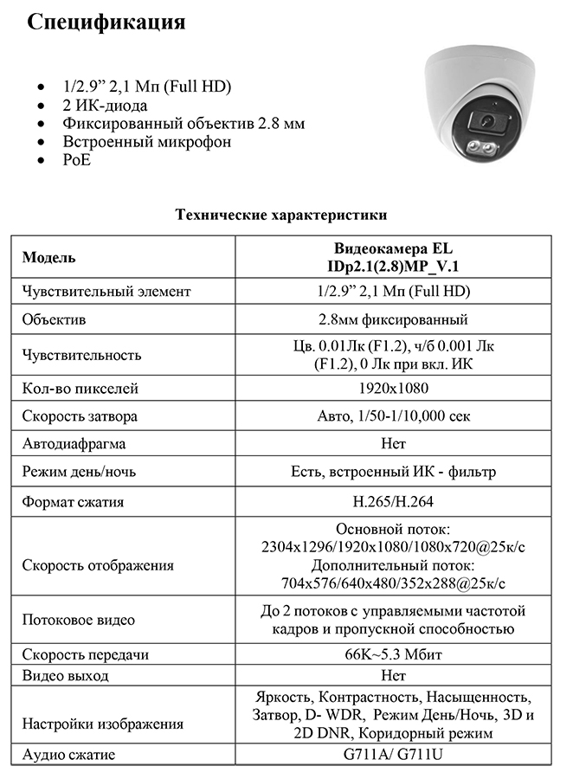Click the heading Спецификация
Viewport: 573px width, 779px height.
tap(106, 23)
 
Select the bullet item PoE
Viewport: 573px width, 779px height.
tap(76, 159)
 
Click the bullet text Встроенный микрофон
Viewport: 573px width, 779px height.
tap(146, 141)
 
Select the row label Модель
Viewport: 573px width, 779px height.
tap(48, 257)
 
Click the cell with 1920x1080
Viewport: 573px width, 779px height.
tap(393, 389)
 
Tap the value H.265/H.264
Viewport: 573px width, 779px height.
tap(393, 501)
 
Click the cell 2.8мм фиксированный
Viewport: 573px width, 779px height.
tap(393, 319)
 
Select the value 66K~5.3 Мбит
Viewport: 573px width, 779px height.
tap(393, 653)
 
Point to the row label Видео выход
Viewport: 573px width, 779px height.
tap(66, 675)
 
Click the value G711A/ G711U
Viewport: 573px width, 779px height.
tap(393, 754)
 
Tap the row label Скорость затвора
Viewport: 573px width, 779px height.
tap(80, 416)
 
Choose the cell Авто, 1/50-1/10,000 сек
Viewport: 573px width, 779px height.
tap(393, 416)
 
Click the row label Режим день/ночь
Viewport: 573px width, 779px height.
tap(79, 473)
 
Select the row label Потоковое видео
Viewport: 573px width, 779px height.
tap(78, 620)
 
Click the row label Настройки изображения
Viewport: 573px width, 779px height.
tap(102, 723)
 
